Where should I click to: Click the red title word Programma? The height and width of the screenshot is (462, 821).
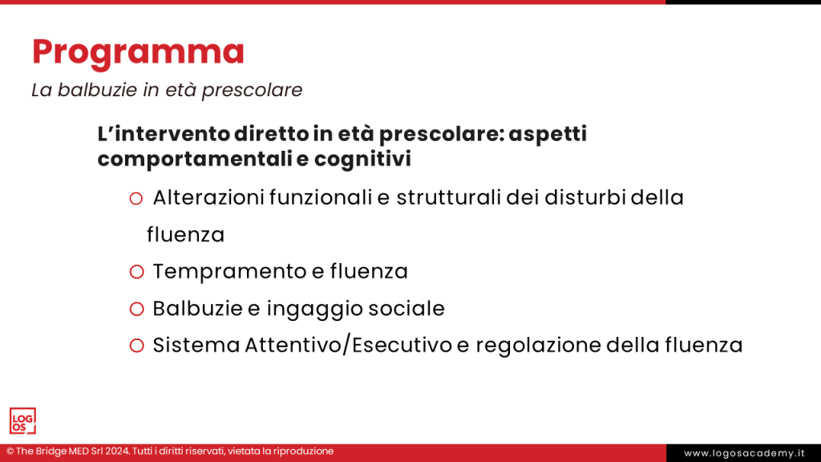click(x=138, y=52)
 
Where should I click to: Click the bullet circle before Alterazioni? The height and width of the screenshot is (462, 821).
click(x=136, y=198)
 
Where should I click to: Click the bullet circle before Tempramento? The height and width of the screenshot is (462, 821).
click(x=136, y=272)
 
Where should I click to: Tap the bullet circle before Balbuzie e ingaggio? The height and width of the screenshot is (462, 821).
click(x=136, y=309)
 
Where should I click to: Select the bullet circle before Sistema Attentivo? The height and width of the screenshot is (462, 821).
click(x=136, y=346)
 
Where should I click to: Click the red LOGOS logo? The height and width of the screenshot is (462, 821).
click(x=22, y=421)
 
